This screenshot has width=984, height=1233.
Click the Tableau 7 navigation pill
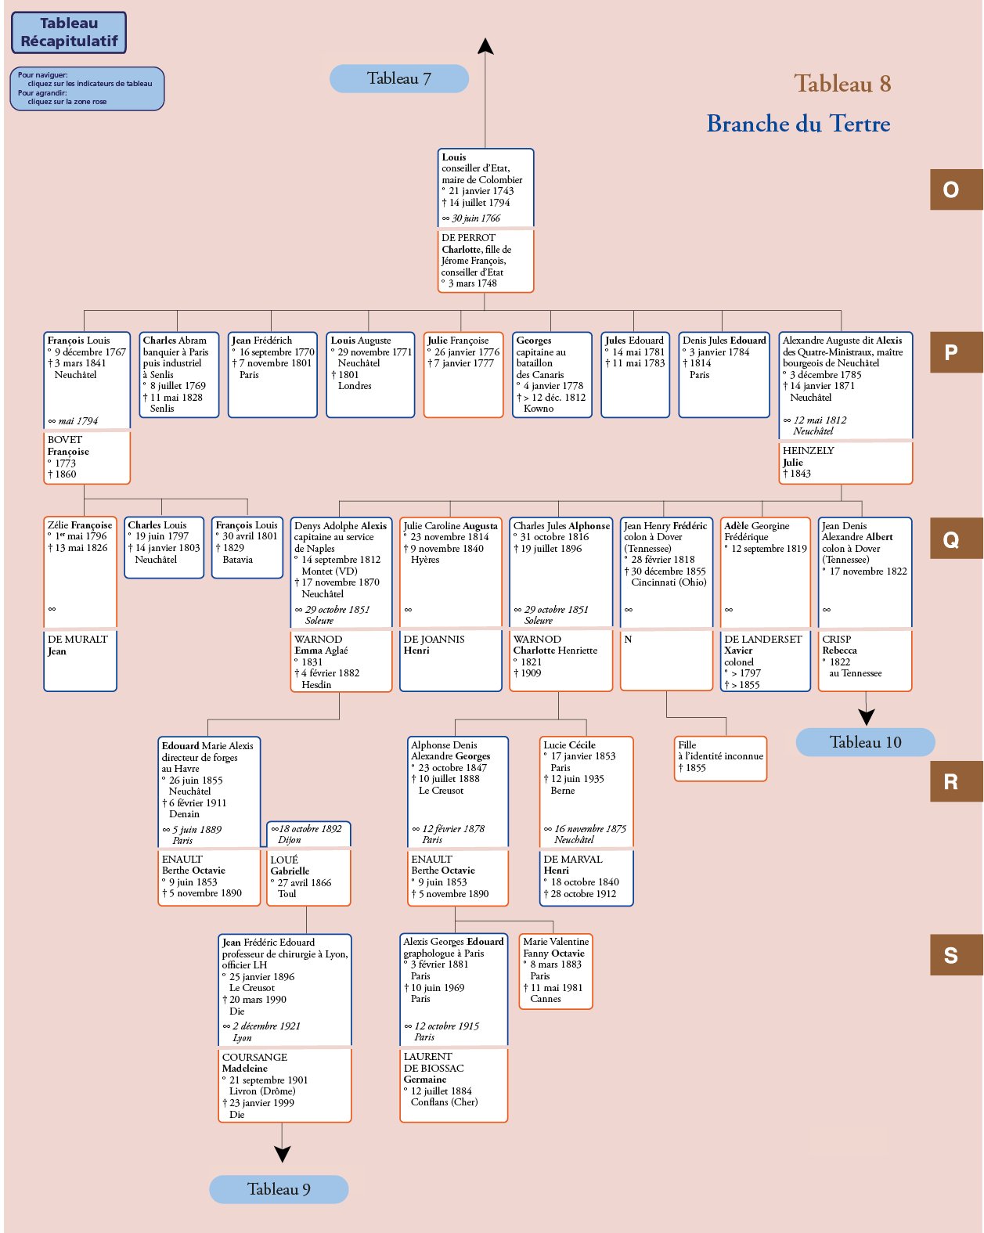point(399,78)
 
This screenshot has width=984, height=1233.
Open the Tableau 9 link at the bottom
point(279,1189)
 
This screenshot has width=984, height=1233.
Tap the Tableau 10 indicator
point(865,742)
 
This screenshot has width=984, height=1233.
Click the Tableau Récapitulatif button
point(69,33)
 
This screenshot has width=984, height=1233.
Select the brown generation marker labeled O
point(956,189)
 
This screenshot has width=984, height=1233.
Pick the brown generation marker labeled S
point(956,955)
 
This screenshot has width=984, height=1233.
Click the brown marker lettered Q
point(956,539)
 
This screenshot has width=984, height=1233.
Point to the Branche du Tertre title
point(798,124)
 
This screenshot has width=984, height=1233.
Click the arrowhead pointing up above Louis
point(485,46)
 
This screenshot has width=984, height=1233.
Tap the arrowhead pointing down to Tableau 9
point(282,1154)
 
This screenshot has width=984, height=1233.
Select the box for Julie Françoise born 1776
point(463,375)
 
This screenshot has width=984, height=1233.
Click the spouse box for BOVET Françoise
point(87,457)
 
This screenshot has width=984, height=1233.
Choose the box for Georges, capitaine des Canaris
point(552,375)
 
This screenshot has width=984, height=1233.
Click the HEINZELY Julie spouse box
point(845,463)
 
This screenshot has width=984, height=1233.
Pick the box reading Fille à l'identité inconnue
point(720,759)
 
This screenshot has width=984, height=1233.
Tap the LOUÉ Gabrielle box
point(309,878)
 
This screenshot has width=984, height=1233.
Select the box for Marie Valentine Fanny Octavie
point(555,972)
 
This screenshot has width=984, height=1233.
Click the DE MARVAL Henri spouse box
point(586,878)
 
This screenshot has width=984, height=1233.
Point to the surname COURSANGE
point(254,1057)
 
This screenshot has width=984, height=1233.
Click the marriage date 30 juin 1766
point(476,218)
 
